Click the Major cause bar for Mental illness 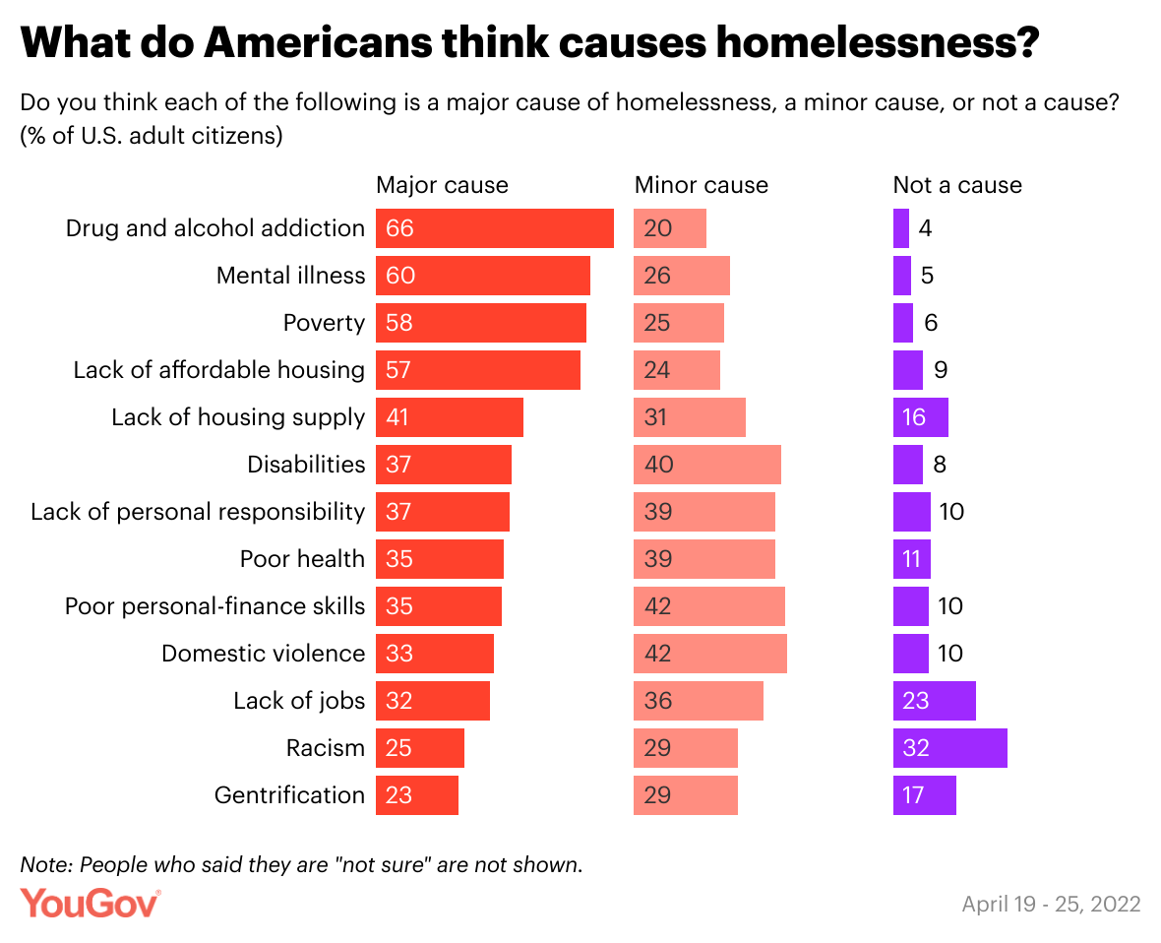pos(482,276)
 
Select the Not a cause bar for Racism pos(949,748)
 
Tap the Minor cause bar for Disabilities pos(706,465)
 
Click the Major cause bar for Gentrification pos(416,795)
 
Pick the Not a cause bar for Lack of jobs pos(934,701)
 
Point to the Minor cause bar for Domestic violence pos(709,654)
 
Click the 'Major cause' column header pos(442,185)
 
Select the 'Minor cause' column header pos(701,185)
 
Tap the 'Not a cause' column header pos(956,185)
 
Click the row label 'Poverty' pos(324,323)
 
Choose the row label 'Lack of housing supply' pos(237,417)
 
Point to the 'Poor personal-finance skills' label pos(214,606)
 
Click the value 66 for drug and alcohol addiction pos(399,228)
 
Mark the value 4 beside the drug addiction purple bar pos(925,228)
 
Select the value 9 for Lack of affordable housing pos(940,370)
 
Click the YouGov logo pos(91,903)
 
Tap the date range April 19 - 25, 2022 pos(1051,904)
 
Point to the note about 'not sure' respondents pos(301,864)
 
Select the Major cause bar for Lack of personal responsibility pos(442,512)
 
